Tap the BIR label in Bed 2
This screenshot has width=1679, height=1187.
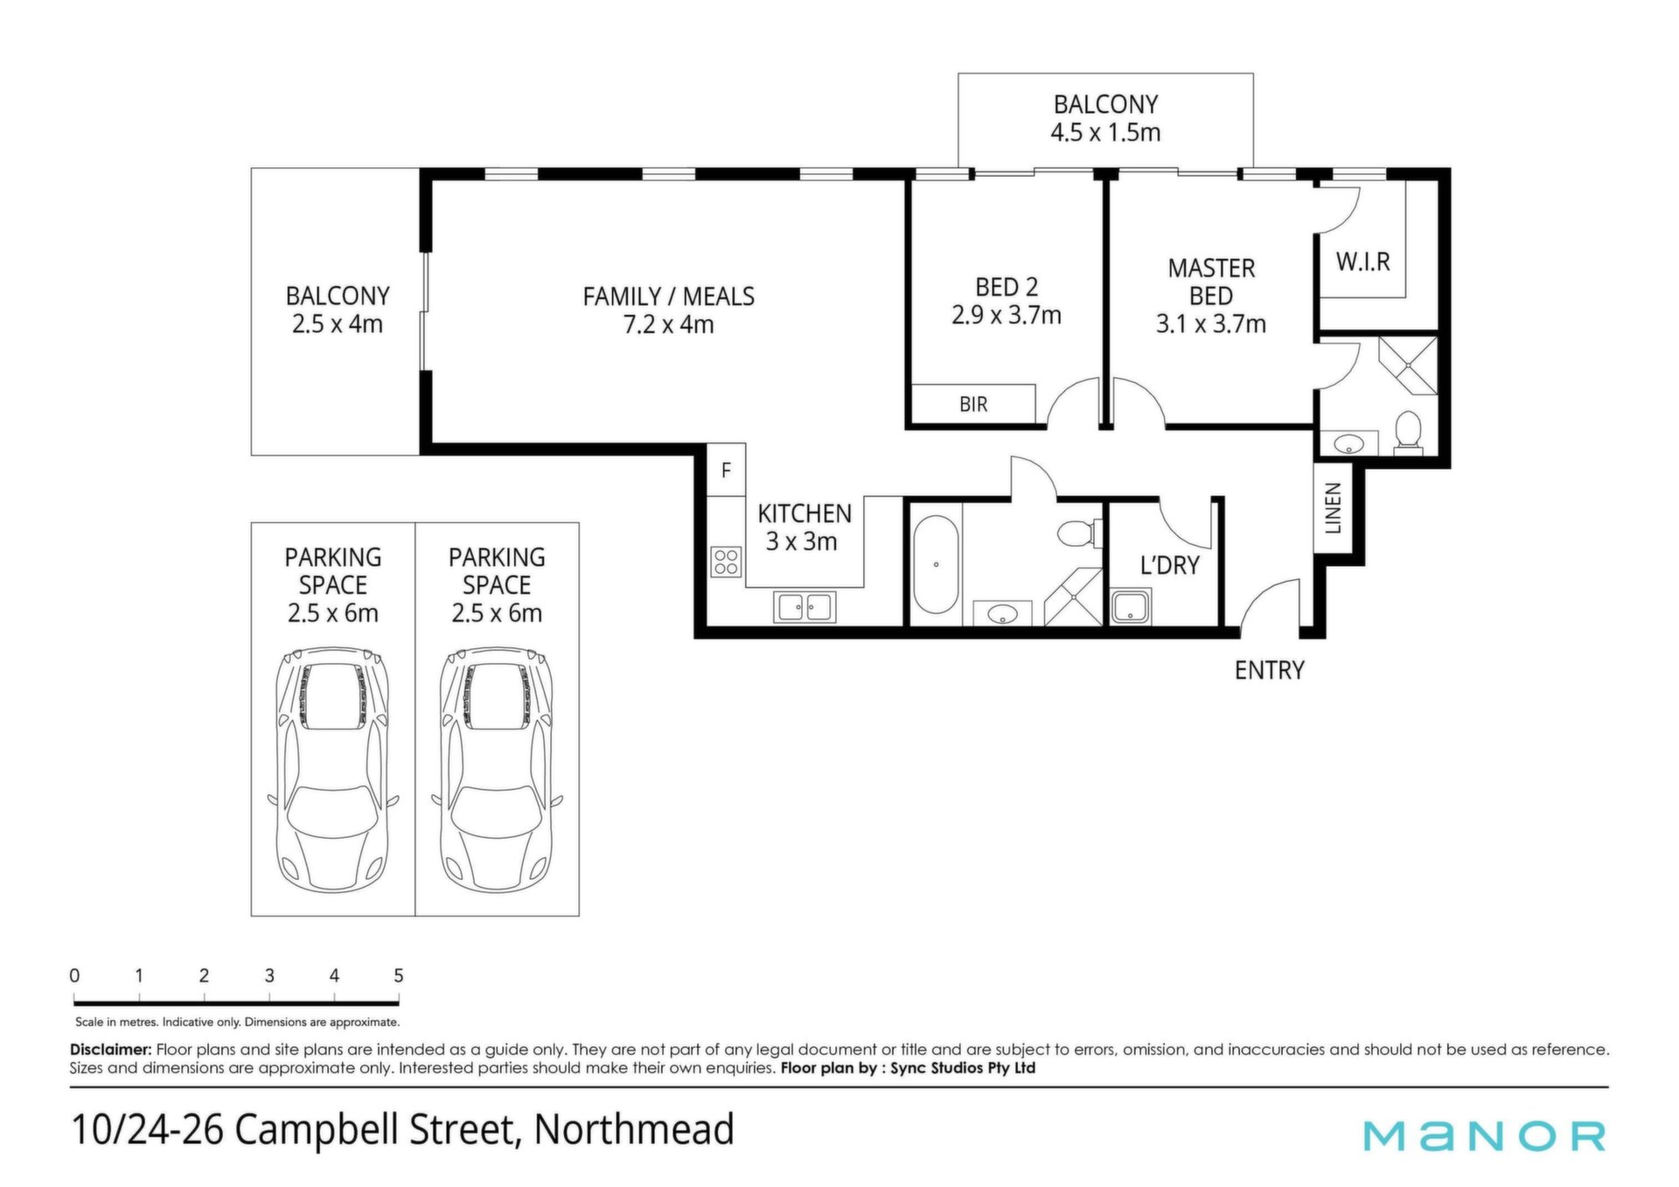[973, 404]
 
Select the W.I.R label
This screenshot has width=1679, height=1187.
[1362, 262]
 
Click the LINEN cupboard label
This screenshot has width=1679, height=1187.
[1333, 508]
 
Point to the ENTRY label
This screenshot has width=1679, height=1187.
[1269, 670]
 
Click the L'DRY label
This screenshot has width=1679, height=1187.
[1169, 565]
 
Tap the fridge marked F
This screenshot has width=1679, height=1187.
[726, 470]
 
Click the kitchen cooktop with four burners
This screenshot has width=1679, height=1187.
[726, 562]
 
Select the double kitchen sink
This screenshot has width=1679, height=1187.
[805, 607]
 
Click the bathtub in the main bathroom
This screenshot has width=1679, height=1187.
[936, 565]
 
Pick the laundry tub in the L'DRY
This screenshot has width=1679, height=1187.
[1131, 606]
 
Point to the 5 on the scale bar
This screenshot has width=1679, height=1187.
[399, 975]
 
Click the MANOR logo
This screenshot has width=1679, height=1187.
[1484, 1135]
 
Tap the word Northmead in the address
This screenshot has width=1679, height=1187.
[634, 1129]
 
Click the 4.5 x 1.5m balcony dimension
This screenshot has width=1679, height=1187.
[1105, 133]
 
